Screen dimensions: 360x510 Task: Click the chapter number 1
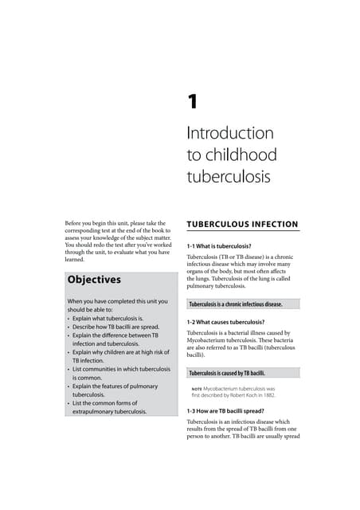point(191,102)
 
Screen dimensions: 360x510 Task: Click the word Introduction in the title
point(229,133)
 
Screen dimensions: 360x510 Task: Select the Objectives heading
point(94,280)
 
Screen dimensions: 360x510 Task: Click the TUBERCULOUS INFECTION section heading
point(241,226)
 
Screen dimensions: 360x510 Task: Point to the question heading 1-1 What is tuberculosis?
point(219,247)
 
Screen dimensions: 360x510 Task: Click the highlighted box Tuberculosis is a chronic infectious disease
point(236,304)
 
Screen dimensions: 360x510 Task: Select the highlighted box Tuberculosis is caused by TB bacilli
point(227,373)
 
